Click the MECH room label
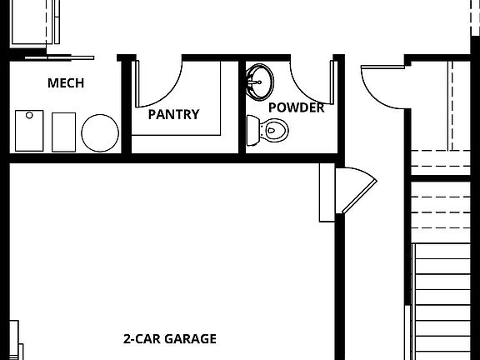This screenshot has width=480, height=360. click(65, 83)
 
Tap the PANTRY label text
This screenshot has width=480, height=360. click(173, 114)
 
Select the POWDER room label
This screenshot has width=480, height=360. click(296, 107)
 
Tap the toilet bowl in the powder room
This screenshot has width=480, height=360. click(272, 129)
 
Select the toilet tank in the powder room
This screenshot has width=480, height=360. click(252, 129)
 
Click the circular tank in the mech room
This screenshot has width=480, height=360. click(99, 132)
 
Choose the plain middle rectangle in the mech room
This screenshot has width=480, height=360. click(64, 132)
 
